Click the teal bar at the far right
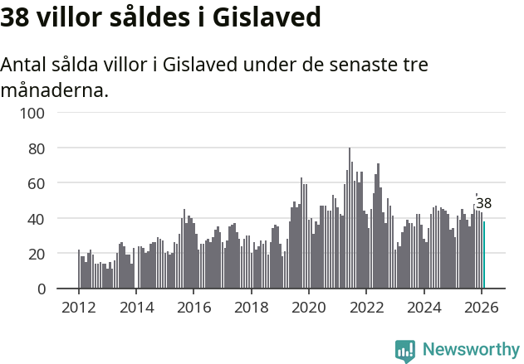pyautogui.click(x=484, y=255)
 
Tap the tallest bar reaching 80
pyautogui.click(x=350, y=219)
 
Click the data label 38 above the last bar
pyautogui.click(x=484, y=203)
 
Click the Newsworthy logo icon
pyautogui.click(x=405, y=351)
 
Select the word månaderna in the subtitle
pyautogui.click(x=54, y=90)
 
